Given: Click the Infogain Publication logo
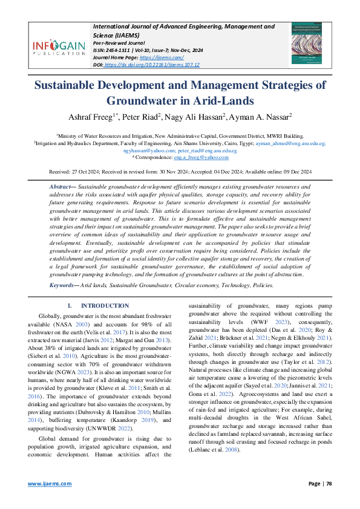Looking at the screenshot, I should [59, 48].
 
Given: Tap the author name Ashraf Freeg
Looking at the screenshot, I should [105, 117].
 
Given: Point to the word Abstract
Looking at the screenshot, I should [64, 188].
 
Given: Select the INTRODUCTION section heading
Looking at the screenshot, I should [105, 306].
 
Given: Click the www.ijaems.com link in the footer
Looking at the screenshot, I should [45, 484].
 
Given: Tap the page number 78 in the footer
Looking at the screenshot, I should [329, 484].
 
